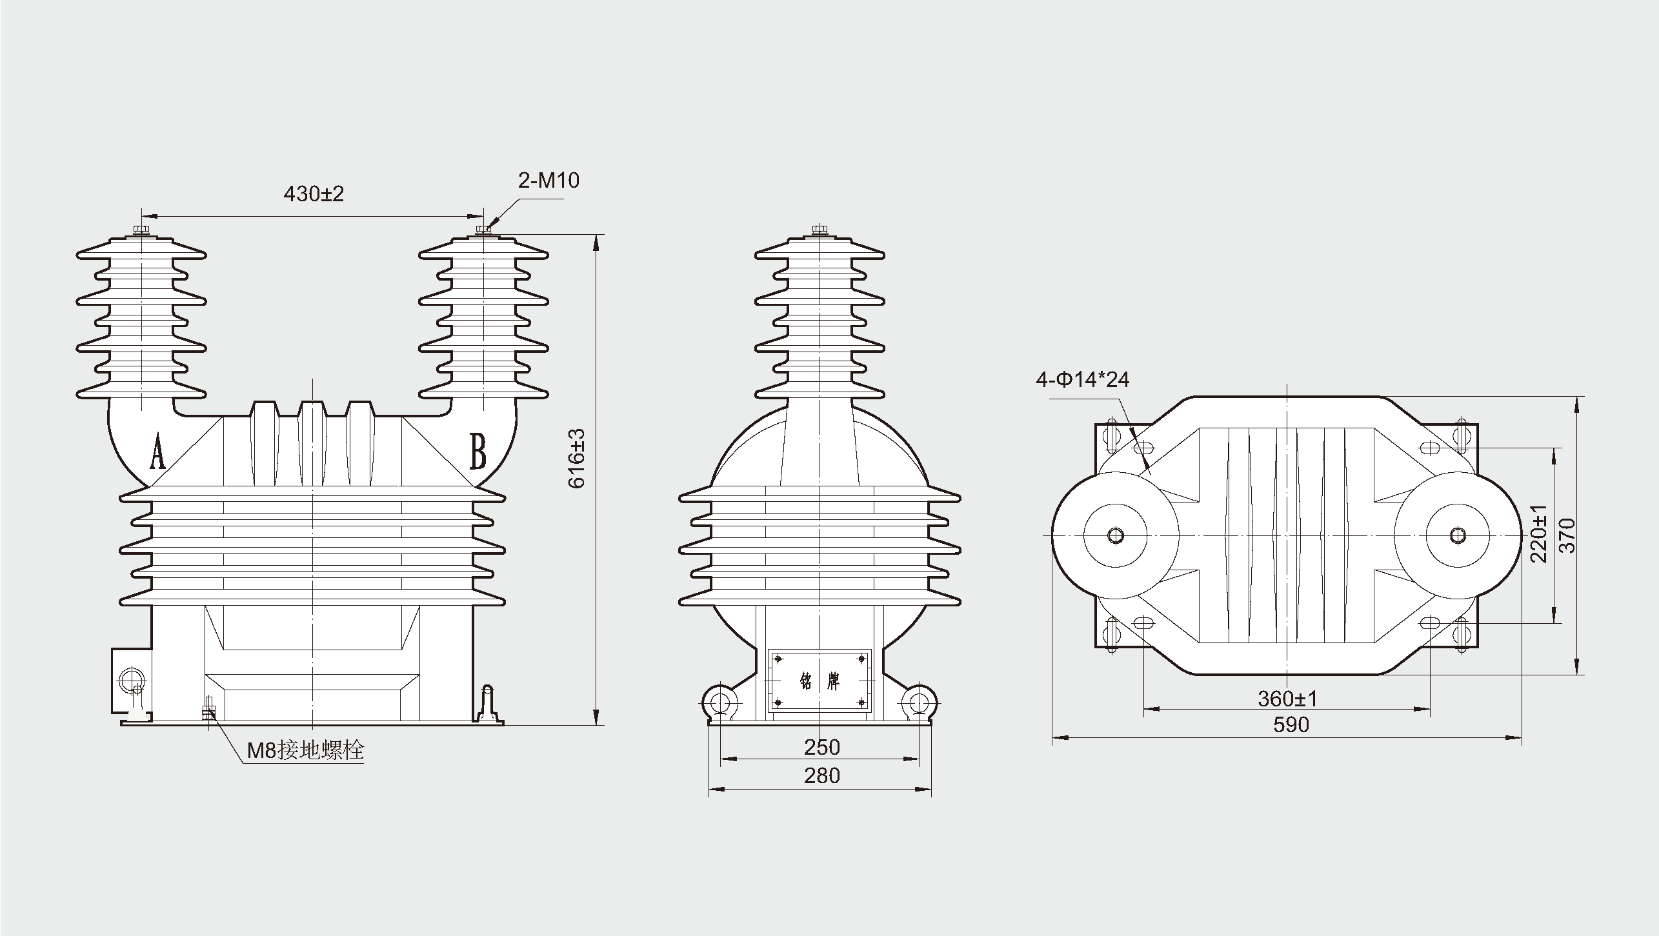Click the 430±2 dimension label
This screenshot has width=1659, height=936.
click(x=314, y=194)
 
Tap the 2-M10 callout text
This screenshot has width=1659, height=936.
click(x=548, y=181)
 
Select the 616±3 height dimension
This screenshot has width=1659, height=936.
click(x=576, y=458)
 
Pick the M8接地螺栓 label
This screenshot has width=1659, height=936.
click(x=306, y=750)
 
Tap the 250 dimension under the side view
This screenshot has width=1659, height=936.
click(x=821, y=747)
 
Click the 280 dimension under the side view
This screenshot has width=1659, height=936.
click(x=821, y=775)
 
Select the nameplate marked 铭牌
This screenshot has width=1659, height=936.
click(x=819, y=681)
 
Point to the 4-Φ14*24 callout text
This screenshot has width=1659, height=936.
click(x=1082, y=379)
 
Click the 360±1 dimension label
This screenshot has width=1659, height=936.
click(x=1287, y=698)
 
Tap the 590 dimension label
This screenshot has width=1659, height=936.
click(x=1291, y=725)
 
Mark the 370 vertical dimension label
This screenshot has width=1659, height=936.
click(x=1566, y=535)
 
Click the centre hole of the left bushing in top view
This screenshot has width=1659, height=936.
click(x=1115, y=535)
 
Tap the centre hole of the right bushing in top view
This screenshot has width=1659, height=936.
click(x=1457, y=535)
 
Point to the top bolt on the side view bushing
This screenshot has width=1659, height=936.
click(x=819, y=230)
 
